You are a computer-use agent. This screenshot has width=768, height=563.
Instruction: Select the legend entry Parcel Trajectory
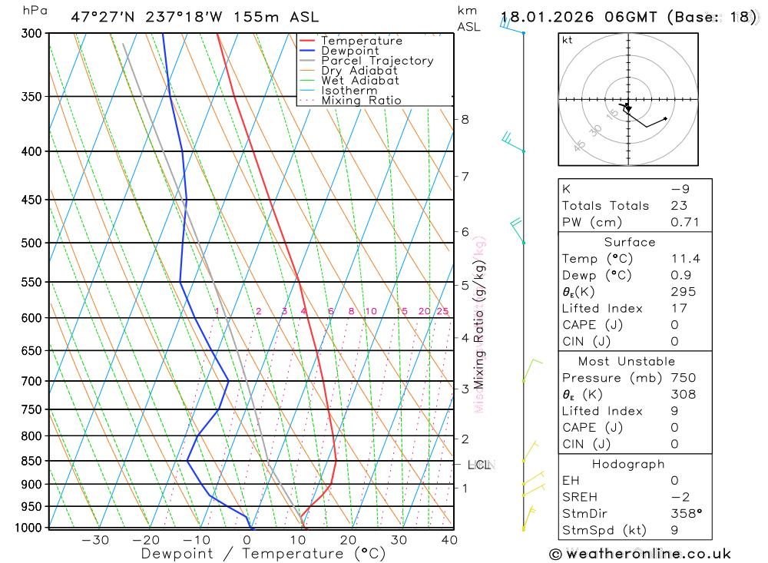tap(377, 61)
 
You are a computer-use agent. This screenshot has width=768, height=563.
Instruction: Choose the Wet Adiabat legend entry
tap(360, 81)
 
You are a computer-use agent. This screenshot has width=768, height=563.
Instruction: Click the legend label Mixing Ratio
tap(361, 101)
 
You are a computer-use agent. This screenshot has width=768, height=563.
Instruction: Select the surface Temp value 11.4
tap(685, 259)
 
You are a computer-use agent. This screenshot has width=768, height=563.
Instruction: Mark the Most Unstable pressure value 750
tap(684, 378)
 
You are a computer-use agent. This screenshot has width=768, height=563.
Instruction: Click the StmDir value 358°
tap(685, 513)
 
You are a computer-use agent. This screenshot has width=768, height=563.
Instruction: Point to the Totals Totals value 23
tap(678, 206)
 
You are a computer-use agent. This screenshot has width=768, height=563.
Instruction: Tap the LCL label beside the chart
tap(479, 465)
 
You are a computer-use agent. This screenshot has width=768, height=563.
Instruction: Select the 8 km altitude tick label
tap(465, 119)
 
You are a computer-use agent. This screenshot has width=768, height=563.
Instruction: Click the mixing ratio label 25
tap(442, 311)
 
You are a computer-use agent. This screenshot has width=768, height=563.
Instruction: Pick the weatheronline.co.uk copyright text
tap(640, 554)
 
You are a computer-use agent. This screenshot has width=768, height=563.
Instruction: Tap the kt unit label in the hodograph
tap(568, 41)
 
